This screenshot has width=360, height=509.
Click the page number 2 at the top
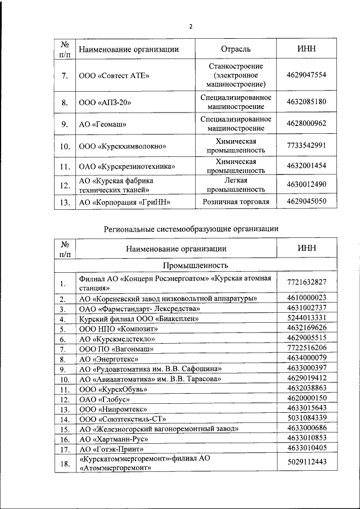191,26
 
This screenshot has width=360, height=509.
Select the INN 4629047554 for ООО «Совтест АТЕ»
306,75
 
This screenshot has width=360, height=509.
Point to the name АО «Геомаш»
102,124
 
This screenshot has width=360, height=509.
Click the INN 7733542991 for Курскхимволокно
306,146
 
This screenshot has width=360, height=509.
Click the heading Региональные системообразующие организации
191,228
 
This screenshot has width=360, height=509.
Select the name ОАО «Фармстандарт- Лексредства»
139,309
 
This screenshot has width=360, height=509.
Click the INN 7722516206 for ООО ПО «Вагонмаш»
306,348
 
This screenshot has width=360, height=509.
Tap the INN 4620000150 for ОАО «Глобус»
306,399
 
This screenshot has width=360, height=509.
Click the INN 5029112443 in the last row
306,462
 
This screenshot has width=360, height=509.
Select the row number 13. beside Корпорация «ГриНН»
65,202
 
